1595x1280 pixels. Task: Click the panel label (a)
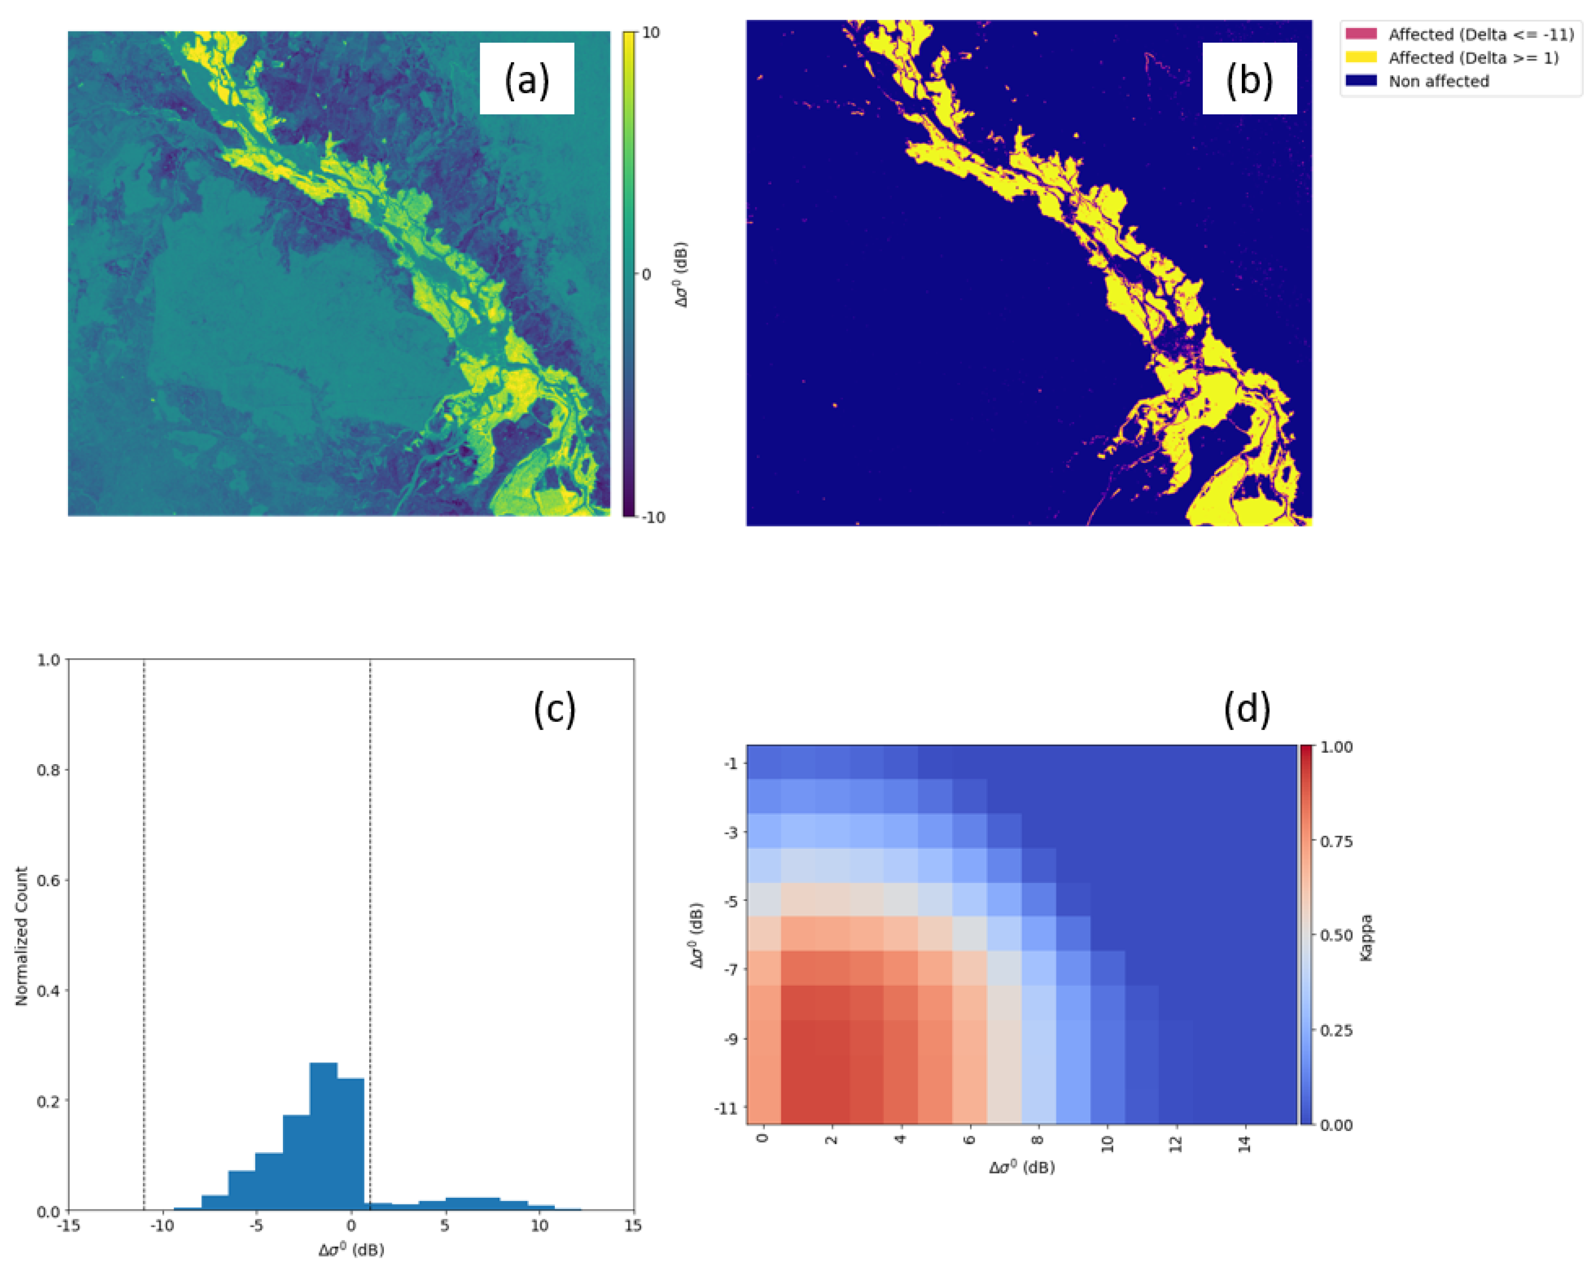tap(527, 79)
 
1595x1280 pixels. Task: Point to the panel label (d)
tap(1247, 709)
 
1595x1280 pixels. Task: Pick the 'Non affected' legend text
tap(1438, 81)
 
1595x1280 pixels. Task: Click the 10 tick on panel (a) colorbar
tap(651, 33)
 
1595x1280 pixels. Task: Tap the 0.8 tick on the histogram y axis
tap(49, 769)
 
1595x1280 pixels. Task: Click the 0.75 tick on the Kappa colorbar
tap(1336, 841)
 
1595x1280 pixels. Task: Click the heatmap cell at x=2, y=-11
tap(832, 1108)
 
